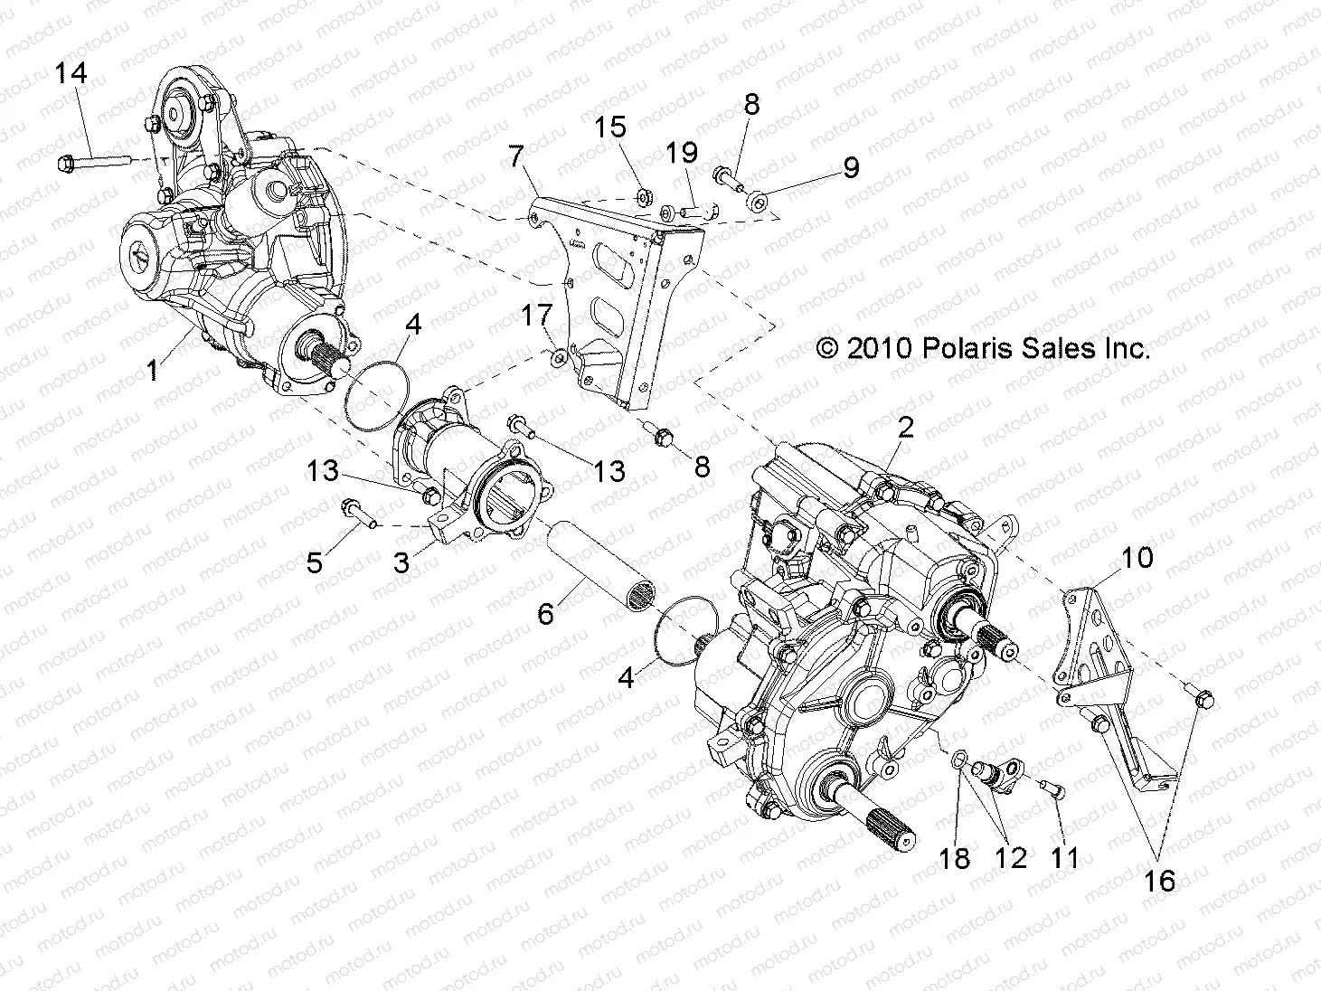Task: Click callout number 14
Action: tap(71, 72)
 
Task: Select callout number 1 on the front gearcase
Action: tap(154, 369)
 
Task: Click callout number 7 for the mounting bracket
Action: tap(516, 156)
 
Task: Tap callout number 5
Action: tap(314, 562)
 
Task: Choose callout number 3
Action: tap(401, 562)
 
